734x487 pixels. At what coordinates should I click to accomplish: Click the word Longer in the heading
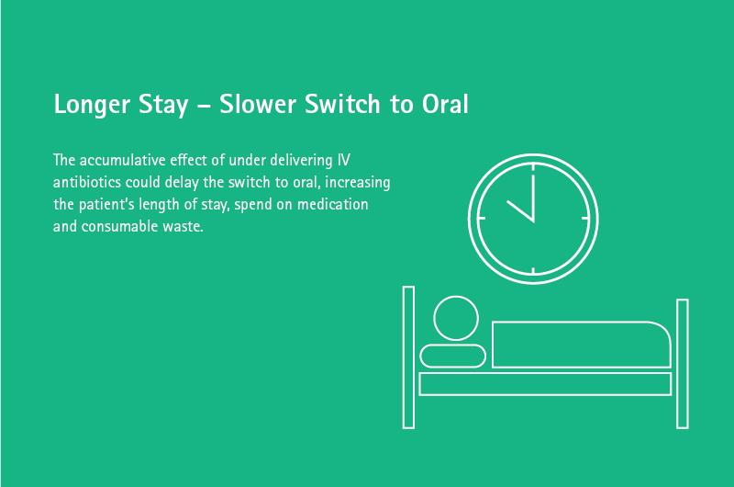(x=92, y=105)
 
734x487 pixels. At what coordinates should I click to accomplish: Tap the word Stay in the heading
(x=163, y=105)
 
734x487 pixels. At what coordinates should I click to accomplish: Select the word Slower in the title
(x=258, y=104)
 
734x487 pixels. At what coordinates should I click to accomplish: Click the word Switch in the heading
(x=342, y=104)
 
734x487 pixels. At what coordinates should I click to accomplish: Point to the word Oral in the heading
(x=445, y=104)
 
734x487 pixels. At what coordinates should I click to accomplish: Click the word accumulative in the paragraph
(x=122, y=160)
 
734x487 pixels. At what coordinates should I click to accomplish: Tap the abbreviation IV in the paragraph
(x=343, y=160)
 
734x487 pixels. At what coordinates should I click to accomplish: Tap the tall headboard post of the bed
(x=408, y=357)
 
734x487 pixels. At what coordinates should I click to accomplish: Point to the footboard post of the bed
(x=683, y=364)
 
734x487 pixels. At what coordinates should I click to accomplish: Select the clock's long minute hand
(x=533, y=198)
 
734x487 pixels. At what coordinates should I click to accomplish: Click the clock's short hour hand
(x=520, y=211)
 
